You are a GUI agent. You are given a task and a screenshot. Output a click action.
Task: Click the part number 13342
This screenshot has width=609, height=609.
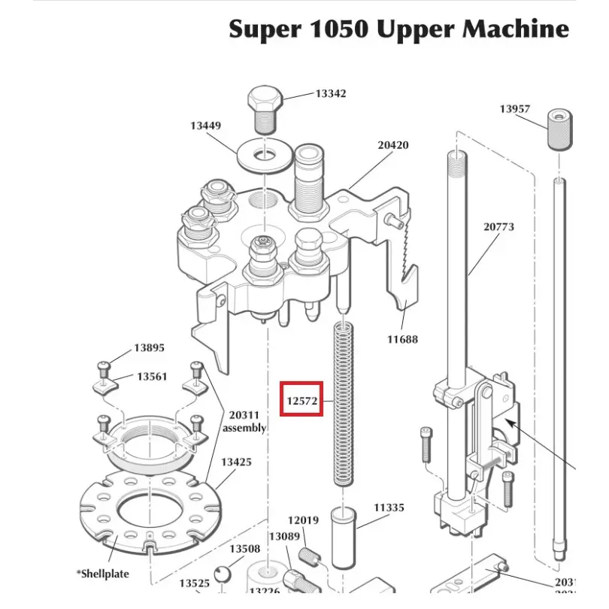331,94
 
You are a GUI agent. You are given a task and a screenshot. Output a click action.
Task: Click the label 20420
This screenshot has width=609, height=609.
392,144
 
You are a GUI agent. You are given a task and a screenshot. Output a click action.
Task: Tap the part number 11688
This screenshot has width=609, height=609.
403,339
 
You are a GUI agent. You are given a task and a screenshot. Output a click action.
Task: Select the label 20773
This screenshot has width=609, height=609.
498,226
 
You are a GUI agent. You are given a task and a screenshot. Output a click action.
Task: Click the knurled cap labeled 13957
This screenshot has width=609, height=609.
559,129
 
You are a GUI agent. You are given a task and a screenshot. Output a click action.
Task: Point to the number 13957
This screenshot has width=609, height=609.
515,109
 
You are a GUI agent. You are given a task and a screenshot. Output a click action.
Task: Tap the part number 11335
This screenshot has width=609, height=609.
389,508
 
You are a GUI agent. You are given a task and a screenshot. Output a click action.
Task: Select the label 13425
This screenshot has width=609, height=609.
235,462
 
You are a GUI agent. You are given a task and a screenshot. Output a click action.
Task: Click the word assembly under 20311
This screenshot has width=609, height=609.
244,428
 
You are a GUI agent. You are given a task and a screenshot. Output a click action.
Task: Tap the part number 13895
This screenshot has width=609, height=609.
149,348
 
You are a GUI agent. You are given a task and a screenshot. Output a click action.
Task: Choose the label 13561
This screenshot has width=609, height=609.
151,377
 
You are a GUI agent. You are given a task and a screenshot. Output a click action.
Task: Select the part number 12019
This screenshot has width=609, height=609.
304,520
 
